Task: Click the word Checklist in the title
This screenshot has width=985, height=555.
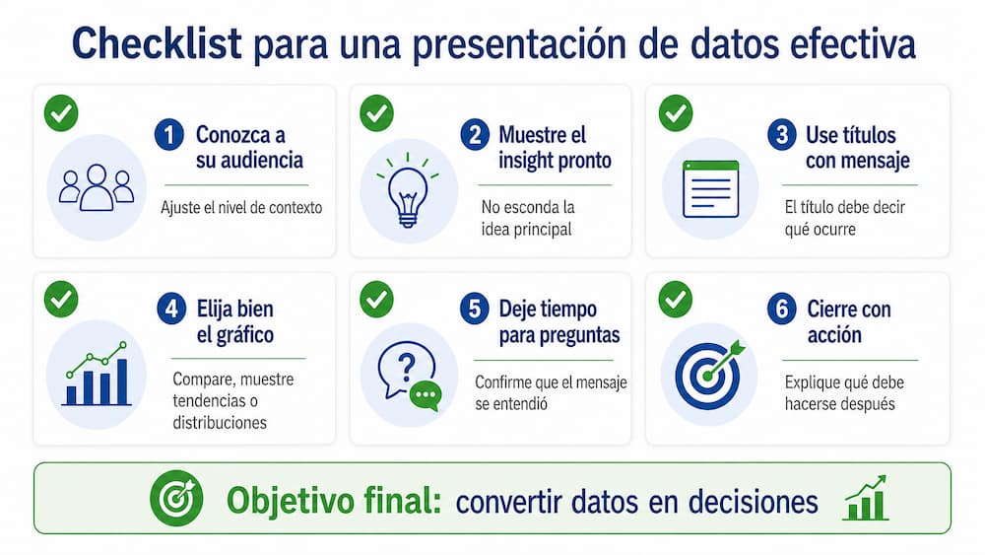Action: pyautogui.click(x=158, y=44)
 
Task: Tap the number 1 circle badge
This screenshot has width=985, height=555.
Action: pyautogui.click(x=169, y=136)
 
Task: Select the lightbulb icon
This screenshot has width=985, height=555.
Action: pyautogui.click(x=406, y=189)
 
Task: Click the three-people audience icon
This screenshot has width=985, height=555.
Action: pyautogui.click(x=96, y=187)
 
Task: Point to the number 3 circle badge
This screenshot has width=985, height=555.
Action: pyautogui.click(x=781, y=136)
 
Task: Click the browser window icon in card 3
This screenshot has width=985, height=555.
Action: pyautogui.click(x=709, y=188)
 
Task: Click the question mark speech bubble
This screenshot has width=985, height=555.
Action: pyautogui.click(x=401, y=372)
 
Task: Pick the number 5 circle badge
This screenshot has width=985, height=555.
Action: pyautogui.click(x=475, y=310)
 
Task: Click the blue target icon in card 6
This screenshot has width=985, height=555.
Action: pyautogui.click(x=708, y=375)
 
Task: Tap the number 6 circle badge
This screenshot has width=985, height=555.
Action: pyautogui.click(x=781, y=310)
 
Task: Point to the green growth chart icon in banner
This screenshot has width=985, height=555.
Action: pyautogui.click(x=866, y=498)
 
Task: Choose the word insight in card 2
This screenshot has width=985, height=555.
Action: pyautogui.click(x=527, y=160)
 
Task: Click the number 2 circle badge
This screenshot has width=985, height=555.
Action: pyautogui.click(x=475, y=136)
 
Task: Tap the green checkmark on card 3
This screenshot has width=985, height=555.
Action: pyautogui.click(x=675, y=112)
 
